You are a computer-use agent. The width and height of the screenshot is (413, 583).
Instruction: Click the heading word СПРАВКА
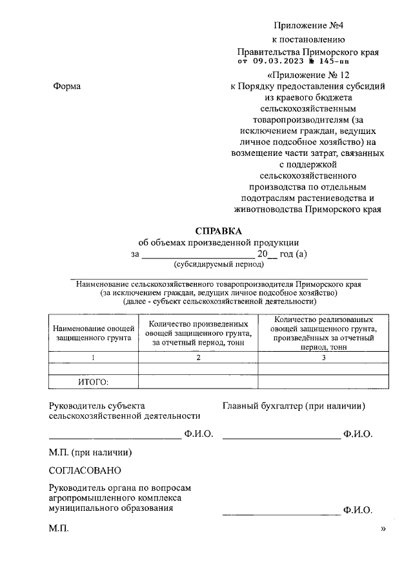point(218,231)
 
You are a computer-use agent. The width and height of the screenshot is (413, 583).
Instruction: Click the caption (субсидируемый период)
point(219,264)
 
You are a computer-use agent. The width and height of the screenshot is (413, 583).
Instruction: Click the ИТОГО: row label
point(94,382)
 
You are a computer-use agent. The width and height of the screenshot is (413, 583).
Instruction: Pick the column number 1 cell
point(94,358)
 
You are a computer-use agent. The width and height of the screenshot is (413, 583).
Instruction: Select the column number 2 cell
point(198,358)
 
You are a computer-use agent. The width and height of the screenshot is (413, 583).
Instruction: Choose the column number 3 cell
point(323,358)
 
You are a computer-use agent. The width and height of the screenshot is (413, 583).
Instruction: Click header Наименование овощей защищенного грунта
point(94,332)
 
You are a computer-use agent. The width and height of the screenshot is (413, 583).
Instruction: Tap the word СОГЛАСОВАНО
point(85,471)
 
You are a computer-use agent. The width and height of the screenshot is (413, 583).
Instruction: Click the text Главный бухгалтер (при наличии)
point(294,406)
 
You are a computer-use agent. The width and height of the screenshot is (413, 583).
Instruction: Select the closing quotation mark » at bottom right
point(383,529)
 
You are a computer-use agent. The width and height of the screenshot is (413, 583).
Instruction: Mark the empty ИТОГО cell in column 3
point(323,382)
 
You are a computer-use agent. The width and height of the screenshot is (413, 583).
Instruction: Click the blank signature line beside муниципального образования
point(281,513)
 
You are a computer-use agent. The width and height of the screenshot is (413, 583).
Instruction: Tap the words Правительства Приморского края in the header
point(308,51)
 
